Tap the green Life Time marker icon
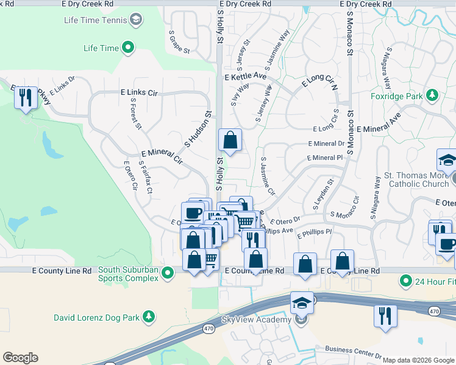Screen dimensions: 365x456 click(128, 47)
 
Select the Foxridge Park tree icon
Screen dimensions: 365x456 click(432, 95)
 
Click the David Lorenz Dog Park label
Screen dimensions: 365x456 click(98, 316)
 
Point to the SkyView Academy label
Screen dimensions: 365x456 click(256, 321)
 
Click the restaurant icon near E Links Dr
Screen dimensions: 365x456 click(25, 97)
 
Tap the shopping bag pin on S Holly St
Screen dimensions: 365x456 click(230, 141)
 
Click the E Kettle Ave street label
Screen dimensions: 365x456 click(246, 77)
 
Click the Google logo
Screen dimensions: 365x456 click(20, 358)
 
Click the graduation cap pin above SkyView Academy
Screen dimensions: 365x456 click(302, 302)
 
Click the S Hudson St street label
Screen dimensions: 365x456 click(198, 129)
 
